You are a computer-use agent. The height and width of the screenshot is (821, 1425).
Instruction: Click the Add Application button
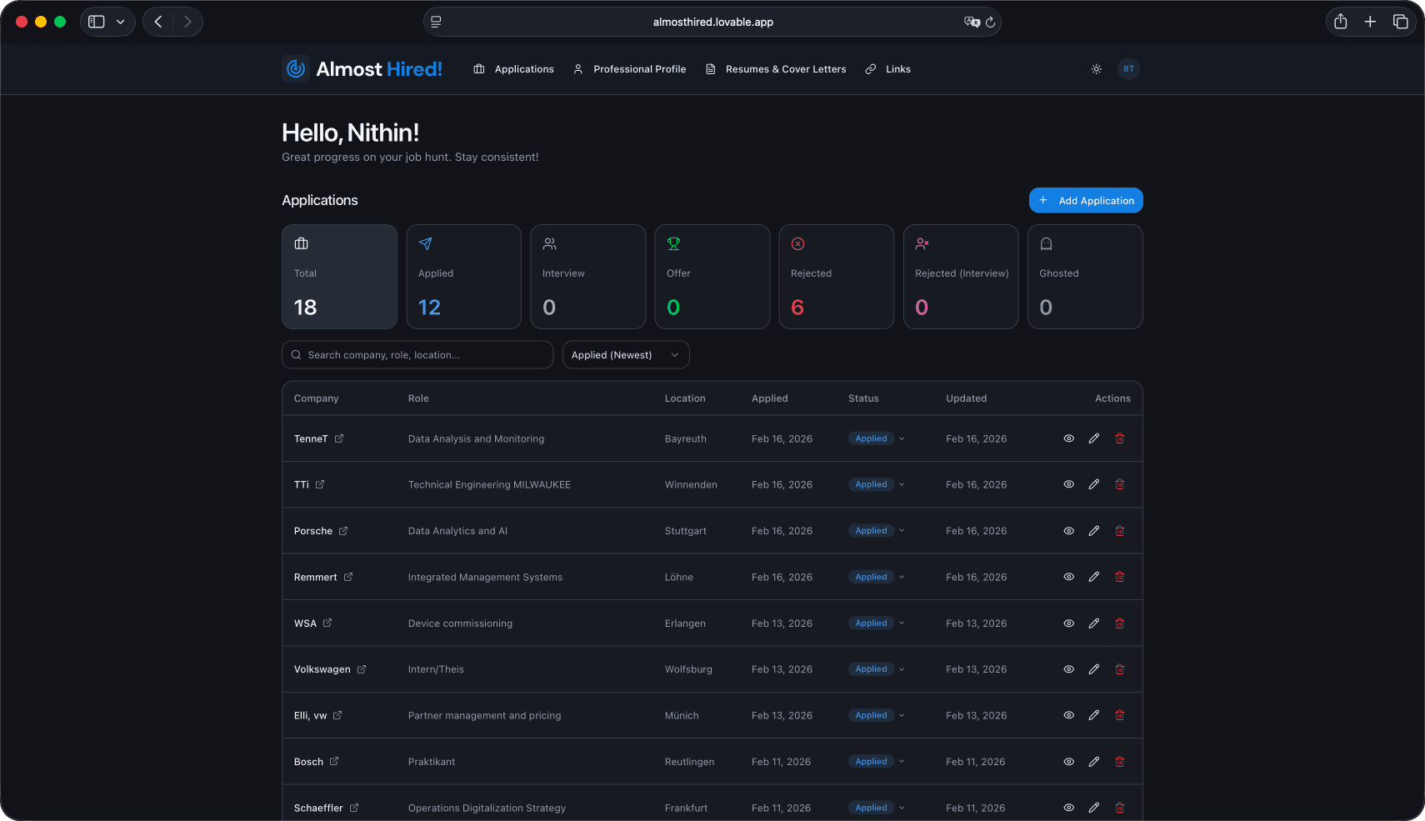[x=1085, y=201]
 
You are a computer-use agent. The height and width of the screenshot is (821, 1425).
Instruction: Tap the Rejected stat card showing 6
[x=836, y=276]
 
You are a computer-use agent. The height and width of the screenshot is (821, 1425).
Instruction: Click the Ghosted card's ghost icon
[x=1046, y=243]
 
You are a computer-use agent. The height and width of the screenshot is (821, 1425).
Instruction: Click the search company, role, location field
[x=417, y=354]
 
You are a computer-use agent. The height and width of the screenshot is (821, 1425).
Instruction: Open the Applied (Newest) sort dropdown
[x=625, y=354]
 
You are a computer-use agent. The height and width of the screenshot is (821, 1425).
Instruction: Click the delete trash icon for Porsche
[x=1120, y=531]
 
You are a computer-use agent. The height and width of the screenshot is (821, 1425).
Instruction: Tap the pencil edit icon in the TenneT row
[x=1093, y=438]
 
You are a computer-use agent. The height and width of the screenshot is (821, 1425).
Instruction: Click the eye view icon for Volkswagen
[x=1068, y=669]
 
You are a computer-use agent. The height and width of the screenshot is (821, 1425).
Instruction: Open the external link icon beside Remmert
[x=348, y=577]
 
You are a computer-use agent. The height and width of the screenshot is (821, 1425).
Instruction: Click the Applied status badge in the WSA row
[x=871, y=623]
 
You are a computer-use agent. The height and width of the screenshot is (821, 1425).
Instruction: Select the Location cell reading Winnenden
[x=691, y=484]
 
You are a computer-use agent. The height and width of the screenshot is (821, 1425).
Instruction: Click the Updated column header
[x=966, y=398]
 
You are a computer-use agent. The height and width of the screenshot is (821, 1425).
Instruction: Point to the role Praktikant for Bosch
[x=432, y=762]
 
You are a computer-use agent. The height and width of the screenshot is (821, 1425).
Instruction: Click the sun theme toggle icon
[x=1096, y=68]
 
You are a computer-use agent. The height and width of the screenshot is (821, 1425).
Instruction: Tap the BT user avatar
[x=1127, y=68]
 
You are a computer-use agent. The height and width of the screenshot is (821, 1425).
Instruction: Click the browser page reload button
[x=990, y=23]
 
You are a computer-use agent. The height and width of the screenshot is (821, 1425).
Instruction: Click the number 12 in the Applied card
[x=429, y=308]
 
